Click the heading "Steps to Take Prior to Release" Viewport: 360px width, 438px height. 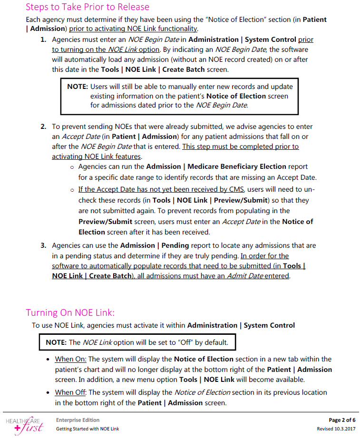[88, 7]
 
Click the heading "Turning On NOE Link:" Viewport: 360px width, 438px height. [70, 312]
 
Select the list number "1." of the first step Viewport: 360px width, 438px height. [43, 39]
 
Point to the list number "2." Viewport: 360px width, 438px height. [43, 127]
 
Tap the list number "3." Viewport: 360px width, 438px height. [43, 245]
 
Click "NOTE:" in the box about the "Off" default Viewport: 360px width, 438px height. [56, 342]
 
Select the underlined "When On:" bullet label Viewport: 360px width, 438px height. [70, 359]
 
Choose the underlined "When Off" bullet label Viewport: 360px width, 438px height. [71, 392]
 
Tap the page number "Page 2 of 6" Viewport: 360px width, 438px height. [342, 420]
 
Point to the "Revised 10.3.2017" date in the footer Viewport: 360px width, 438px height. [336, 429]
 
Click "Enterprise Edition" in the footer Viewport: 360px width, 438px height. [78, 420]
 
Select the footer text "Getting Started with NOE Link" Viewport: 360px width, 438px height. [88, 429]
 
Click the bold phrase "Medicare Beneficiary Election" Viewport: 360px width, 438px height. [237, 166]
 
